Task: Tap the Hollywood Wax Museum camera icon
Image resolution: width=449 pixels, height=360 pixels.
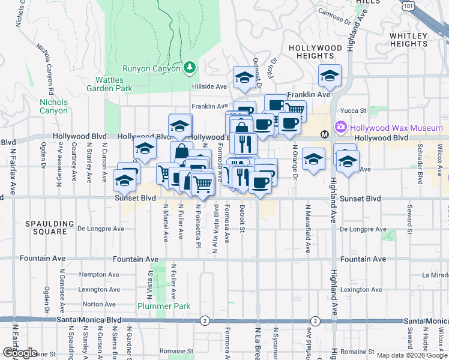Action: pyautogui.click(x=341, y=127)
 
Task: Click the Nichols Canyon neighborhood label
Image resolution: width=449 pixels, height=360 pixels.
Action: pyautogui.click(x=53, y=106)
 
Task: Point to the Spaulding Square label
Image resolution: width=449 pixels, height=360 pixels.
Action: pyautogui.click(x=46, y=227)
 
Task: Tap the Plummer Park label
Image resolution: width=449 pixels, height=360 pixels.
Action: pyautogui.click(x=164, y=306)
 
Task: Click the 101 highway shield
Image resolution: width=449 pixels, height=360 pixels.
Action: pyautogui.click(x=408, y=5)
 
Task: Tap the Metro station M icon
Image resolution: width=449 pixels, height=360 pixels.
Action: pyautogui.click(x=324, y=134)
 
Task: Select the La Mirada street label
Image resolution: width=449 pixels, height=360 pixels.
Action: pyautogui.click(x=435, y=275)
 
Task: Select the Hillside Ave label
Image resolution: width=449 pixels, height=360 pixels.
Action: pyautogui.click(x=209, y=86)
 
